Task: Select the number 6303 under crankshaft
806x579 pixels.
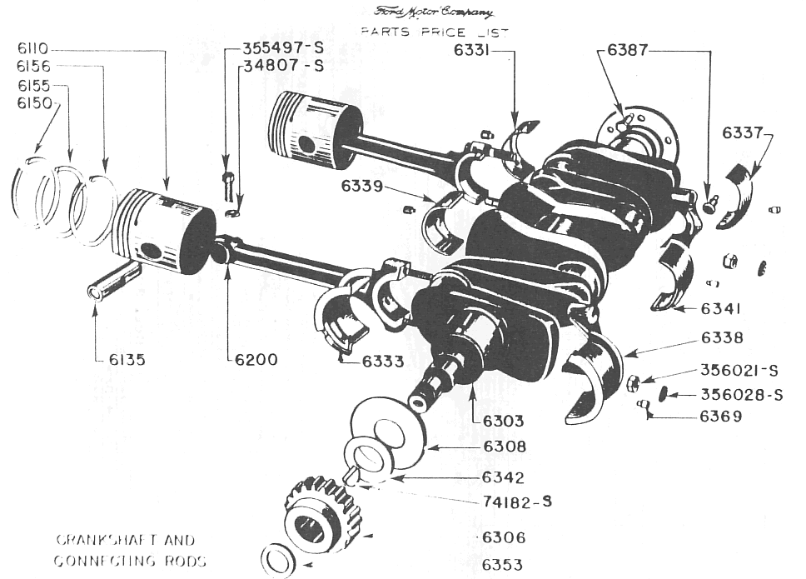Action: (504, 422)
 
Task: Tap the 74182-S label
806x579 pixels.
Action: (517, 502)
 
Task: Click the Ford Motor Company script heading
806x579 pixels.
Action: (434, 12)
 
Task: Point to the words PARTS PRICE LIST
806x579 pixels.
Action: (433, 32)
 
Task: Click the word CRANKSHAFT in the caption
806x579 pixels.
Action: (93, 540)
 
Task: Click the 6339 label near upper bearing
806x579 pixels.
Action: (362, 186)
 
